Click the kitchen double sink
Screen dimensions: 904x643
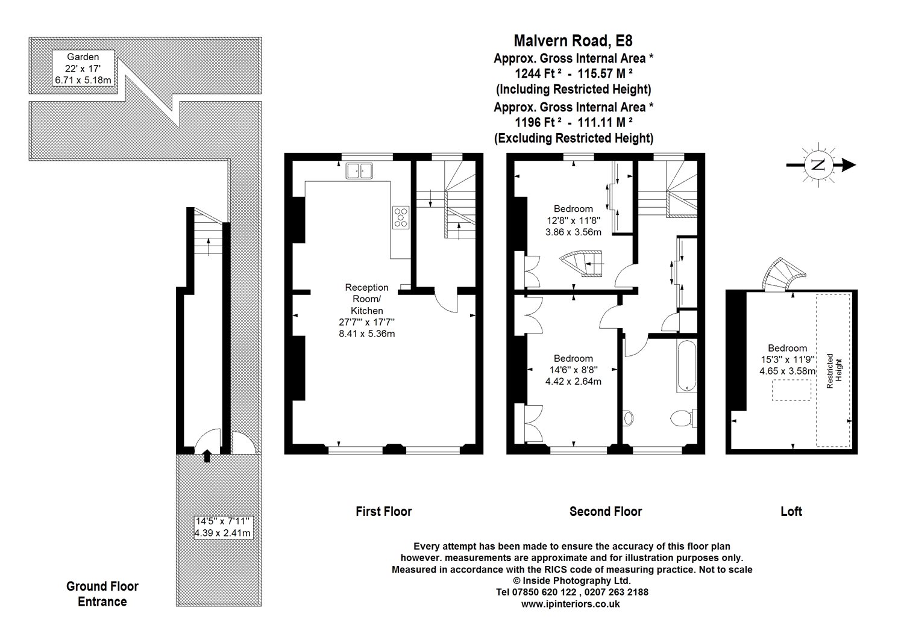coord(359,170)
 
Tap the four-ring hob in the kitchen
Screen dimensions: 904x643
coord(401,217)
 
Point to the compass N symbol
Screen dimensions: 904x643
coord(818,165)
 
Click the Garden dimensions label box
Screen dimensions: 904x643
coord(83,68)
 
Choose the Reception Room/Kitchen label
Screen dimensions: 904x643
coord(367,299)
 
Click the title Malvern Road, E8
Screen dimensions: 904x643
coord(573,41)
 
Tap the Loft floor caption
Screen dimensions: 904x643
coord(791,512)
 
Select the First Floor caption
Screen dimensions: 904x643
coord(384,512)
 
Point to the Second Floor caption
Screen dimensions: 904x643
coord(606,512)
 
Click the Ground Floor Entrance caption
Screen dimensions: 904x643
coord(102,594)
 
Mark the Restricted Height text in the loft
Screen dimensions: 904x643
coord(835,371)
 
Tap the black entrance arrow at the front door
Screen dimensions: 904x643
coord(207,456)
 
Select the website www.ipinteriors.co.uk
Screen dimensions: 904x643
coord(570,604)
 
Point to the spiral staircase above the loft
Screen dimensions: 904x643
coord(783,275)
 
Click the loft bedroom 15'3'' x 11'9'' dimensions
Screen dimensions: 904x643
coord(787,359)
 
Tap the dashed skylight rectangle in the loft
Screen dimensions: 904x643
coord(791,390)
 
